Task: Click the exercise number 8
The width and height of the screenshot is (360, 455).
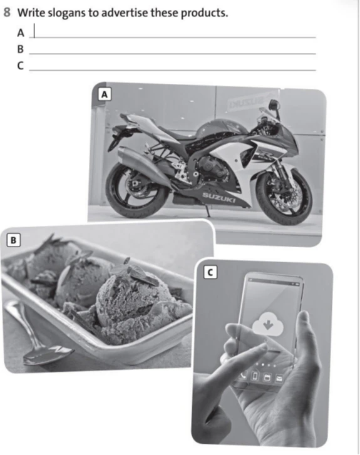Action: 7,12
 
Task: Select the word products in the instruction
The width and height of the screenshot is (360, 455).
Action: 204,13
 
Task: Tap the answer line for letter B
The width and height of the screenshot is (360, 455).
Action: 172,54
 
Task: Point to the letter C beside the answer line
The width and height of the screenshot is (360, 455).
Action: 20,66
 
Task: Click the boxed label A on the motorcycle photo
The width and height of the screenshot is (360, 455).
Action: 105,95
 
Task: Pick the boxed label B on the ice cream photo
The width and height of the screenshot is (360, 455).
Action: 13,240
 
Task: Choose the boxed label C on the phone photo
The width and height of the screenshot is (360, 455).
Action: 210,272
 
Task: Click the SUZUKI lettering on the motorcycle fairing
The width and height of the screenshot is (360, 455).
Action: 219,197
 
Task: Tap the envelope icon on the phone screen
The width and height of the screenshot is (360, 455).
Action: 279,378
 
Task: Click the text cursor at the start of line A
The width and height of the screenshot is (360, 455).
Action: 34,31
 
